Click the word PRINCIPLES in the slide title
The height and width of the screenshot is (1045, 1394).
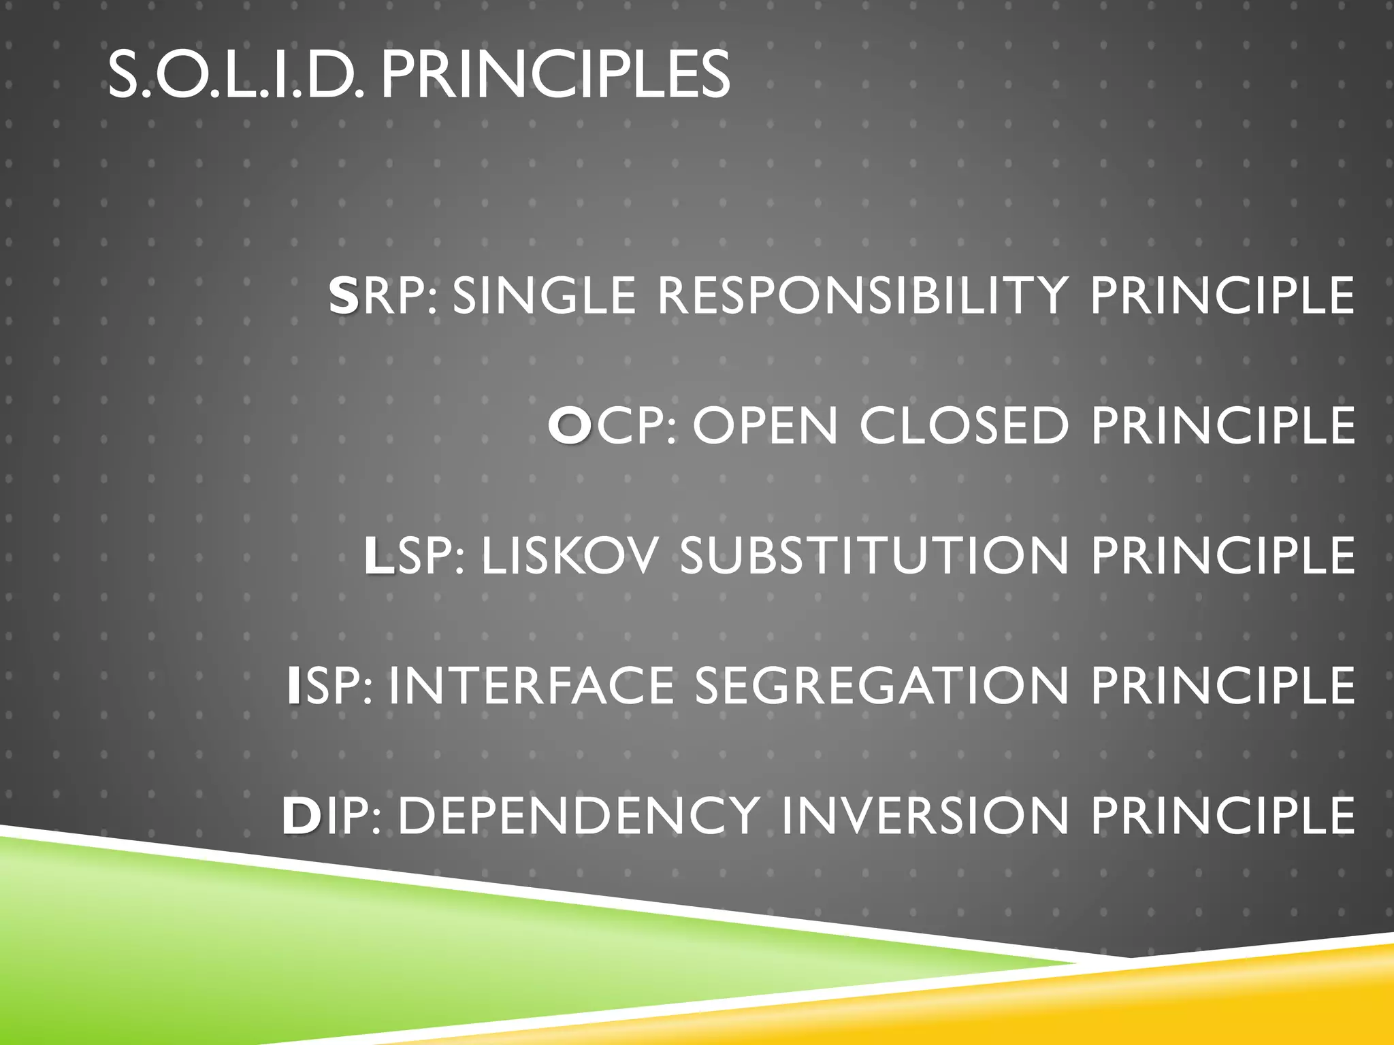tap(555, 75)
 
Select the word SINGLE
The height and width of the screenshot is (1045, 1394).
tap(543, 296)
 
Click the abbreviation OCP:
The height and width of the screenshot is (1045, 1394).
tap(613, 426)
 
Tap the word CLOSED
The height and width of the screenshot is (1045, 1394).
tap(964, 426)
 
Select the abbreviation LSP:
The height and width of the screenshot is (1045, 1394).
tap(415, 556)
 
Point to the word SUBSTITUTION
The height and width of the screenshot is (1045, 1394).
tap(874, 556)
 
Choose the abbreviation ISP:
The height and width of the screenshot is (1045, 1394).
tap(329, 686)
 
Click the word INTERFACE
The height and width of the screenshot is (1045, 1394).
tap(531, 686)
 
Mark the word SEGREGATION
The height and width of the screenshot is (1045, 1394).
tap(881, 686)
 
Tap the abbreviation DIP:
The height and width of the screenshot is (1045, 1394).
tap(331, 815)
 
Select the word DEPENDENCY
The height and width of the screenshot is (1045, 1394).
tap(579, 815)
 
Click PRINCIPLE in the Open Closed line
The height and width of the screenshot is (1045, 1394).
tap(1222, 426)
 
